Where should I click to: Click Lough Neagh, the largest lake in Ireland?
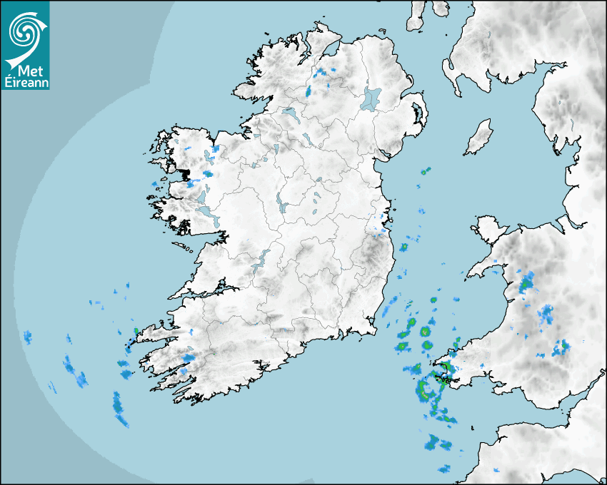click(x=371, y=98)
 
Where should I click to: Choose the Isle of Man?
click(x=478, y=138)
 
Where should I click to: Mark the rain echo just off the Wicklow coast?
click(x=403, y=247)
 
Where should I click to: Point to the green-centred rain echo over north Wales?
click(x=527, y=284)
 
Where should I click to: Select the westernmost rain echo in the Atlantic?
click(x=27, y=337)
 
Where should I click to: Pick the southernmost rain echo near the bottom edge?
click(x=444, y=469)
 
